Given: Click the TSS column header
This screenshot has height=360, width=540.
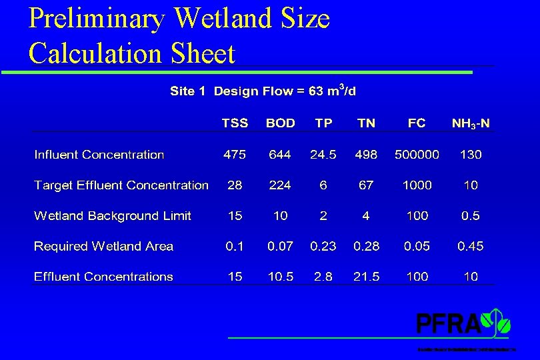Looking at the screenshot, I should [235, 123].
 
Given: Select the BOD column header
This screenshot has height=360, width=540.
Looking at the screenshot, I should [280, 123].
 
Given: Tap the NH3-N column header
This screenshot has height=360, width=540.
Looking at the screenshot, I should [470, 123].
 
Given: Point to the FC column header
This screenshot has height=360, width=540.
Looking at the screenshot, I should [417, 123].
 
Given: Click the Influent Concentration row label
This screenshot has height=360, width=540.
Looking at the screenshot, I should [99, 154].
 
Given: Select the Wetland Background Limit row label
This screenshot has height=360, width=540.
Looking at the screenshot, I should [113, 215].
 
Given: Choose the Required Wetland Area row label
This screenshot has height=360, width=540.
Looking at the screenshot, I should [103, 246].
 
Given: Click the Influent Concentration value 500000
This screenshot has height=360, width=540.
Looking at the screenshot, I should [417, 154].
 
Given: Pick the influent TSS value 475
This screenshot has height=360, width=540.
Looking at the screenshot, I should [235, 154].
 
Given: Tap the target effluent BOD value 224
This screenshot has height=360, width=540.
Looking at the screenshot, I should [280, 185].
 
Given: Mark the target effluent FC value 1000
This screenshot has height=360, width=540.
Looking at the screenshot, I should [417, 185].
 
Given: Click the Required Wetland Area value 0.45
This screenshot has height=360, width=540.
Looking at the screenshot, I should [470, 246].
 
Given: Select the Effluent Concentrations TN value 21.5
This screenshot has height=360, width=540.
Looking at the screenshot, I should [366, 277].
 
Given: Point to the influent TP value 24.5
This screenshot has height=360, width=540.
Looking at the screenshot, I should [323, 154].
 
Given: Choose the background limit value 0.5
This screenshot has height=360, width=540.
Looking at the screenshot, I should [470, 215].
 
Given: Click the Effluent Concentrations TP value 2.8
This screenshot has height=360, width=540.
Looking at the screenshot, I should [323, 277].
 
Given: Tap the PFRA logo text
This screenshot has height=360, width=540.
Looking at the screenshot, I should [449, 324].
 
